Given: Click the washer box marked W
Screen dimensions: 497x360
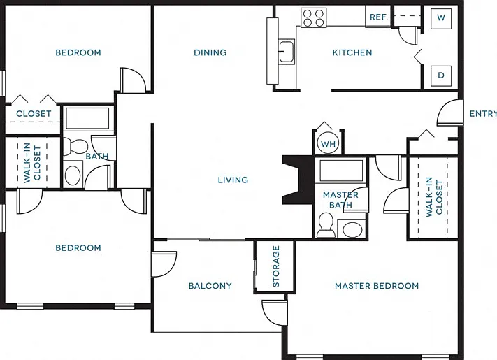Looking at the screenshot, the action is click(441, 18).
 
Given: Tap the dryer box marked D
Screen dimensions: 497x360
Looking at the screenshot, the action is click(441, 75).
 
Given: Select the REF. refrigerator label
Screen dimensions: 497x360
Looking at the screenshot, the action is click(379, 17).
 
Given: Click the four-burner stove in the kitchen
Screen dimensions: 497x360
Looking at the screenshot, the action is click(313, 17).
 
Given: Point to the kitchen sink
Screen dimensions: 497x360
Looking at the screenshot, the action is click(287, 52).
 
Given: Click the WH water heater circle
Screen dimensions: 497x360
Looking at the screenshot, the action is click(328, 143).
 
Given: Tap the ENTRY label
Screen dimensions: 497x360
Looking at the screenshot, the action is click(483, 113).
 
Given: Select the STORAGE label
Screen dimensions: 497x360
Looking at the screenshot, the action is click(275, 266).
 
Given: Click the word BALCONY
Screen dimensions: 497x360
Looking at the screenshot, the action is click(210, 286).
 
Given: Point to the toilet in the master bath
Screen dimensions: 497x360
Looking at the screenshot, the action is click(326, 225).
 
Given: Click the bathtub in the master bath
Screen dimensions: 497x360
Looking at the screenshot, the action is click(341, 171).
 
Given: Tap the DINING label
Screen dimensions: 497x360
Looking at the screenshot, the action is click(210, 52).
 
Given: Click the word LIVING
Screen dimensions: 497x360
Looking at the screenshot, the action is click(233, 180).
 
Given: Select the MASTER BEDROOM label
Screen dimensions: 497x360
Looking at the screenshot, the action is click(377, 286).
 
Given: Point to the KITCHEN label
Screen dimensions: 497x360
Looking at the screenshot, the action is click(352, 52).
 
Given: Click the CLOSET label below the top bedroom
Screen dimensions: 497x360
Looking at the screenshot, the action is click(34, 113).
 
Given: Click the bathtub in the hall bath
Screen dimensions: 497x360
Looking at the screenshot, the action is click(88, 118).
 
